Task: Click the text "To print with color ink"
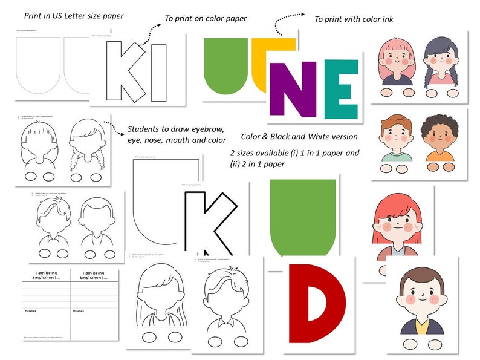pyautogui.click(x=354, y=19)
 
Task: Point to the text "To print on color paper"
pyautogui.click(x=206, y=18)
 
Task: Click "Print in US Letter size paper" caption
pyautogui.click(x=74, y=15)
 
